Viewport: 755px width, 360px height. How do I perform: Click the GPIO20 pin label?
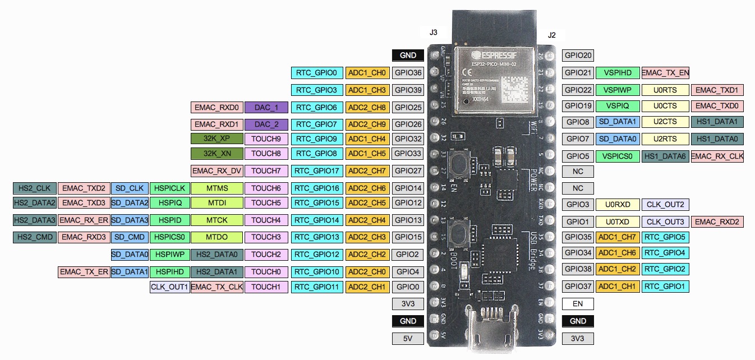click(x=578, y=56)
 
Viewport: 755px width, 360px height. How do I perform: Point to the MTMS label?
click(x=217, y=188)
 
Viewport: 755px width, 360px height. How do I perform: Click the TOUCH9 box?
click(x=266, y=139)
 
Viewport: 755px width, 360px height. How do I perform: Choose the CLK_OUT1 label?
click(x=169, y=287)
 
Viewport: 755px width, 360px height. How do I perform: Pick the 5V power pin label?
click(x=408, y=338)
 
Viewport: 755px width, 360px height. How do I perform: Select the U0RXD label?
click(x=618, y=205)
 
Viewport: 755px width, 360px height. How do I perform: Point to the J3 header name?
click(x=434, y=33)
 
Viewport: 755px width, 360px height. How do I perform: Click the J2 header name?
click(x=551, y=35)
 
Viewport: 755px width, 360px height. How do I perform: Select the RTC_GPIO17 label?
click(x=317, y=170)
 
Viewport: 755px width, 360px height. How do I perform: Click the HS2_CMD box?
click(x=35, y=237)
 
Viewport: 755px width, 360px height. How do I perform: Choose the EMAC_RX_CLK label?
click(x=717, y=156)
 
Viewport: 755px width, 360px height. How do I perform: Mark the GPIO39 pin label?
click(x=408, y=90)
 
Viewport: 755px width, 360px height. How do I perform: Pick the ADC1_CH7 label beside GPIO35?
click(x=617, y=237)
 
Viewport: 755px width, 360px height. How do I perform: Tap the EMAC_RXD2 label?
click(x=717, y=222)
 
